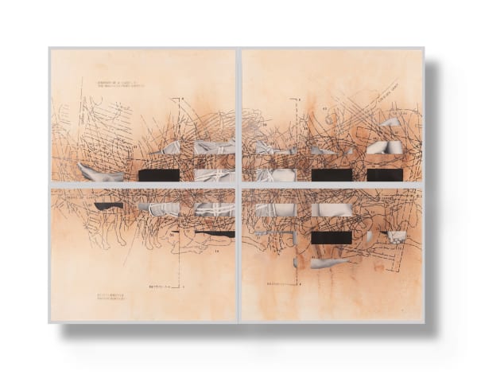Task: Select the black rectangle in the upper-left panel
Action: pyautogui.click(x=158, y=175)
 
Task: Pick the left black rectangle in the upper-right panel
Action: pyautogui.click(x=332, y=175)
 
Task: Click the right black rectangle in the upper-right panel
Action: pyautogui.click(x=385, y=175)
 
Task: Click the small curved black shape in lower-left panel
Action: pyautogui.click(x=109, y=205)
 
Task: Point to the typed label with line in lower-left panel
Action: pyautogui.click(x=165, y=284)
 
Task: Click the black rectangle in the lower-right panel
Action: pyautogui.click(x=332, y=237)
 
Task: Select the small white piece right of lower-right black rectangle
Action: pyautogui.click(x=395, y=236)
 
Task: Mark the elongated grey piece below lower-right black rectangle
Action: pyautogui.click(x=328, y=263)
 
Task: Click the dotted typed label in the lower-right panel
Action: pyautogui.click(x=286, y=283)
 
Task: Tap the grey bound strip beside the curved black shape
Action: pyautogui.click(x=158, y=209)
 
